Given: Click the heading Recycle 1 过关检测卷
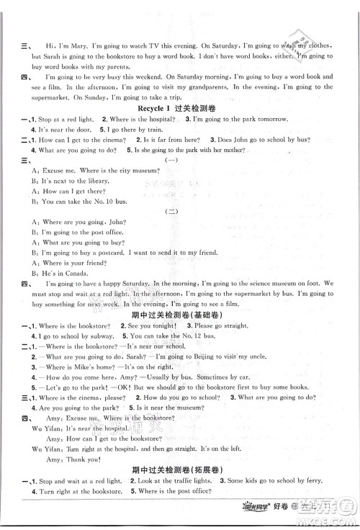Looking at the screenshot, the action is pyautogui.click(x=179, y=106).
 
